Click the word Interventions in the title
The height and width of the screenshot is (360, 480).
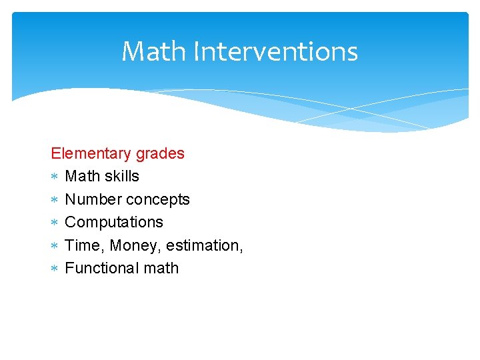point(275,51)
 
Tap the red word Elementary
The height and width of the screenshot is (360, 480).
point(91,153)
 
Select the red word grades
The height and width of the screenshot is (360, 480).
point(160,154)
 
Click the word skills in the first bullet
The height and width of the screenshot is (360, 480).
point(122,176)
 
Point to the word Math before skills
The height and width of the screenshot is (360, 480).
point(83,176)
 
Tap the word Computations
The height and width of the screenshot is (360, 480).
point(114,223)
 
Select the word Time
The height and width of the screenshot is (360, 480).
point(83,245)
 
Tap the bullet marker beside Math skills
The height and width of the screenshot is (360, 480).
point(55,177)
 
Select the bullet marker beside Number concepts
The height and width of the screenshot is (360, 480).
point(55,200)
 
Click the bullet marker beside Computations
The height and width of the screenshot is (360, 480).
point(55,223)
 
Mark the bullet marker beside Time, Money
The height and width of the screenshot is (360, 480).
point(55,246)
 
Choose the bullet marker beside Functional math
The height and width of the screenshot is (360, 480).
point(55,269)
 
